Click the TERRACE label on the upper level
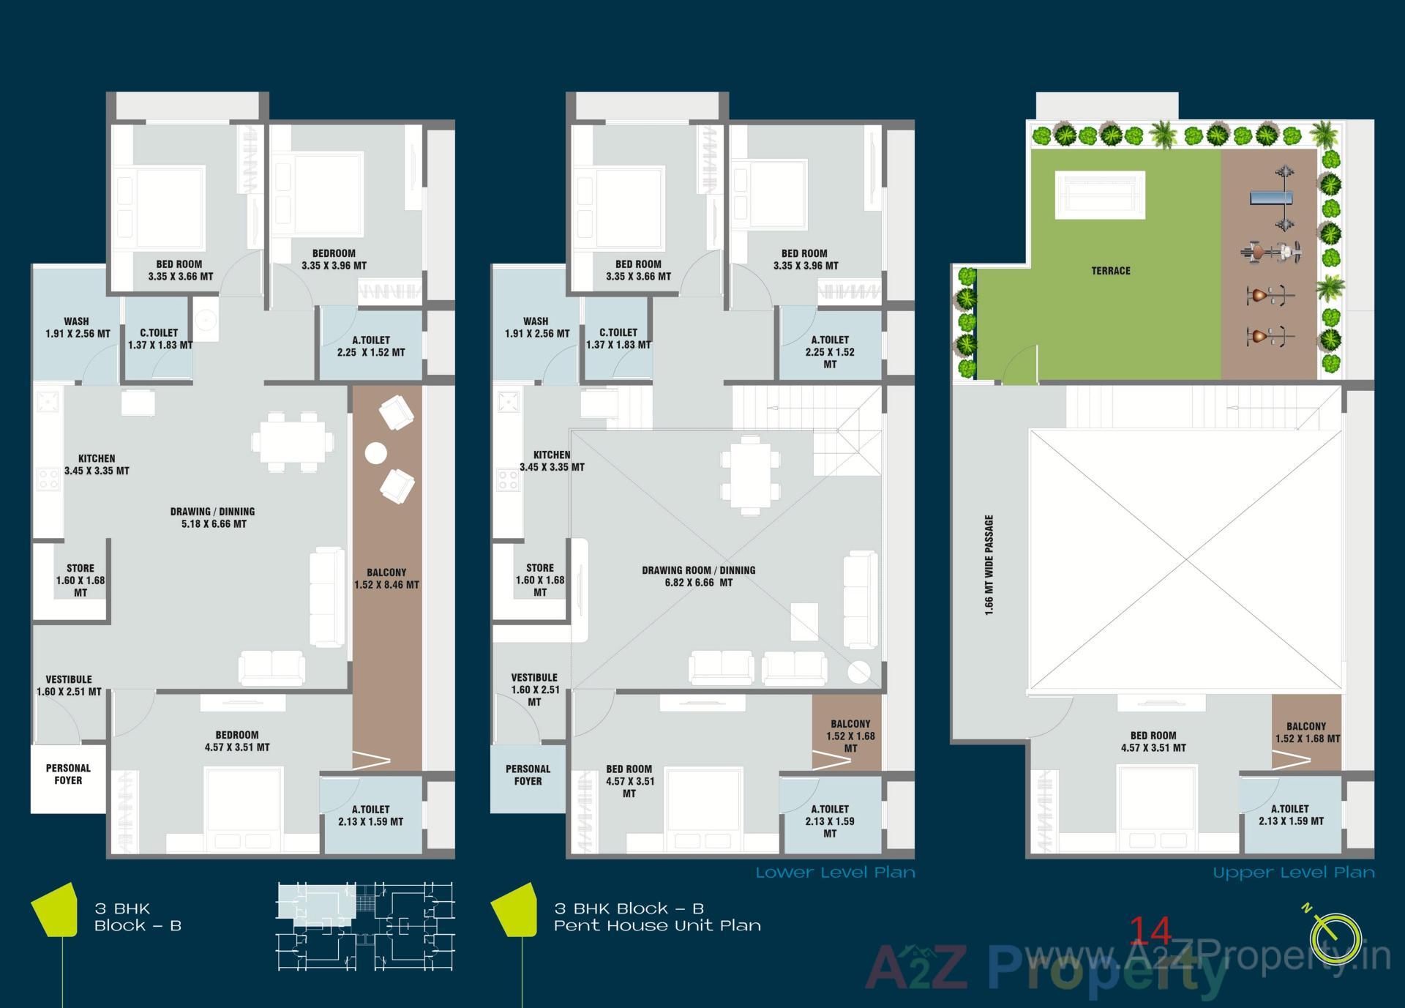[1110, 271]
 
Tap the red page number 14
[1151, 931]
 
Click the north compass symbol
[1335, 939]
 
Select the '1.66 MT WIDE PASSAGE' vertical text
[989, 565]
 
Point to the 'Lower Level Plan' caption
[835, 873]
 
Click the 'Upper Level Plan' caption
[1293, 873]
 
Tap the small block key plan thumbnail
[365, 927]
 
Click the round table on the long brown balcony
[376, 453]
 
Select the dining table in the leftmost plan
[293, 441]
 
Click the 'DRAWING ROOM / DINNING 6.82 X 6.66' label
[698, 576]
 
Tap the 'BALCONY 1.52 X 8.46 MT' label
[386, 578]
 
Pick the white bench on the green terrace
[1099, 195]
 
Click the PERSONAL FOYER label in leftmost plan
[68, 774]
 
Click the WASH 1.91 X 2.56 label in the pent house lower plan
[536, 327]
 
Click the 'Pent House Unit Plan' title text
[657, 925]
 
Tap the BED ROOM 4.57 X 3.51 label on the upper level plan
[1153, 742]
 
